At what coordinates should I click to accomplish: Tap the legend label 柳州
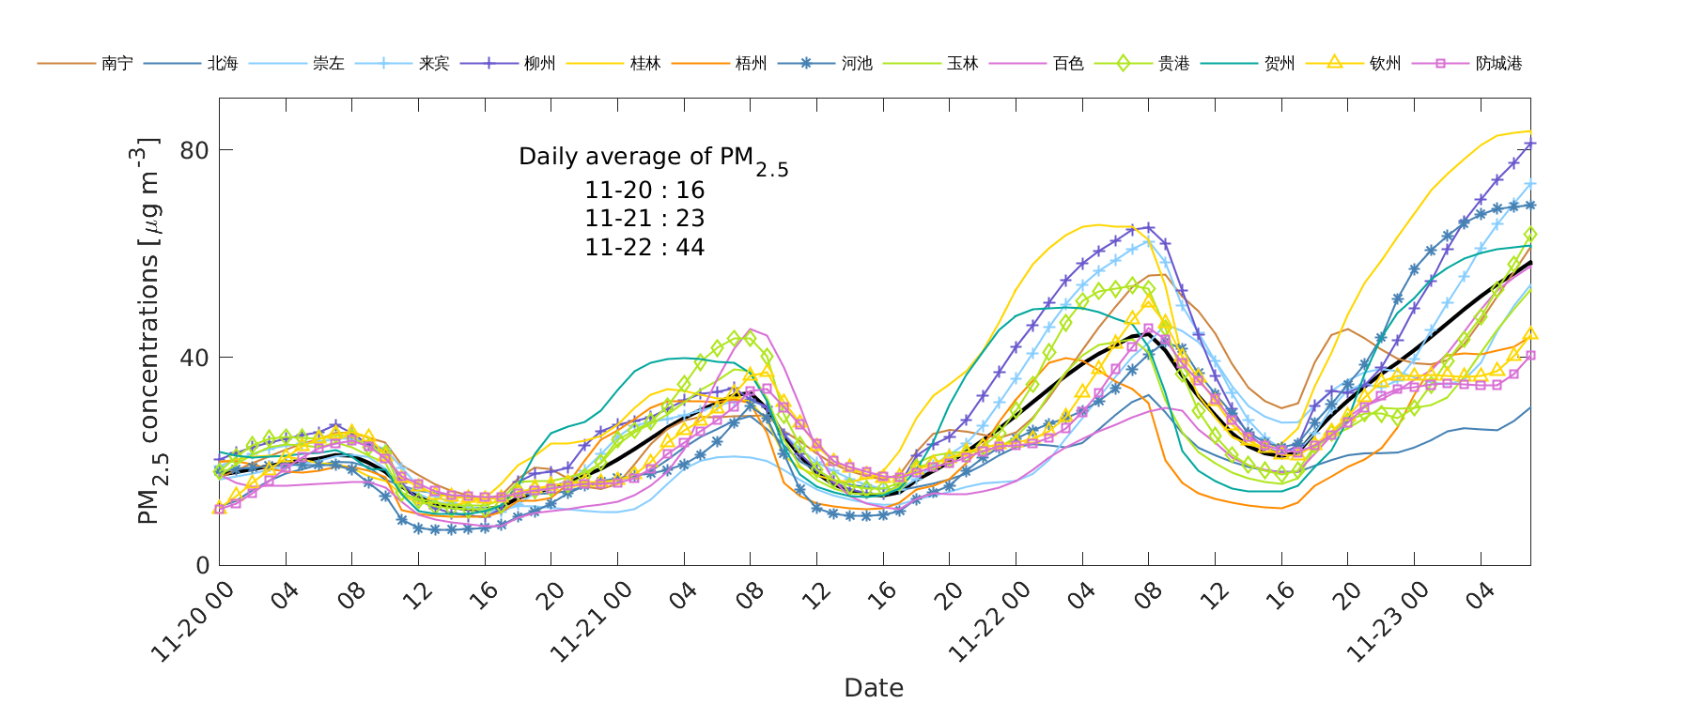tap(539, 64)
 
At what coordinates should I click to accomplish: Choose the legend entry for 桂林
tap(645, 64)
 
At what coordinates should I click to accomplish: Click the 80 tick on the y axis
tap(194, 150)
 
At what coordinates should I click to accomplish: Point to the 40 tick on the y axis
tap(194, 358)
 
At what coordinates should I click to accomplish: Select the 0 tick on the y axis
tap(202, 565)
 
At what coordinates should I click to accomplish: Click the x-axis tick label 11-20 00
tap(193, 621)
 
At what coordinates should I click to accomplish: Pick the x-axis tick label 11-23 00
tap(1388, 621)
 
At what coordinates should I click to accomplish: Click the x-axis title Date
tap(874, 688)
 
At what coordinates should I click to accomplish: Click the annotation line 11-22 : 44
tap(644, 248)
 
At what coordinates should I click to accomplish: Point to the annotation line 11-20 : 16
tap(644, 191)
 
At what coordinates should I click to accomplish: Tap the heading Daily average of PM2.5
tap(653, 158)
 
